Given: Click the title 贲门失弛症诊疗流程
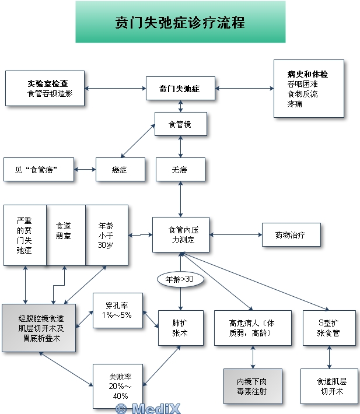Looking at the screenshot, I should click(x=180, y=22).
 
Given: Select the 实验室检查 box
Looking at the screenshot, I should click(x=45, y=89).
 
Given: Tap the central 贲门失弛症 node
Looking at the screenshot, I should click(x=180, y=89).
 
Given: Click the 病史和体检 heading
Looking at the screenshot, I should click(x=307, y=75).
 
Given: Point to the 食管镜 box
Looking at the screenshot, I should click(x=180, y=124).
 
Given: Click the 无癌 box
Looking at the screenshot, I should click(x=180, y=170).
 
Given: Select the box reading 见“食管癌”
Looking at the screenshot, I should click(x=39, y=170).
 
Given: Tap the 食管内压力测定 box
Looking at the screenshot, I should click(x=180, y=235).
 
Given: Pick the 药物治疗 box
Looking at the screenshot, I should click(x=291, y=235).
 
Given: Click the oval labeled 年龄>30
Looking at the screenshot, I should click(x=180, y=280).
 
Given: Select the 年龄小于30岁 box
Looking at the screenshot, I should click(x=106, y=236).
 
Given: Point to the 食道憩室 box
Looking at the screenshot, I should click(x=65, y=236).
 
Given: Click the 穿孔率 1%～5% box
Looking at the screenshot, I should click(x=118, y=310).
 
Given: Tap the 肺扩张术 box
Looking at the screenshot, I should click(x=180, y=327).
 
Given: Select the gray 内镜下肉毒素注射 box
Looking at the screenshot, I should click(x=253, y=386).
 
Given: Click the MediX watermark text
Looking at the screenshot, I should click(x=148, y=408).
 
